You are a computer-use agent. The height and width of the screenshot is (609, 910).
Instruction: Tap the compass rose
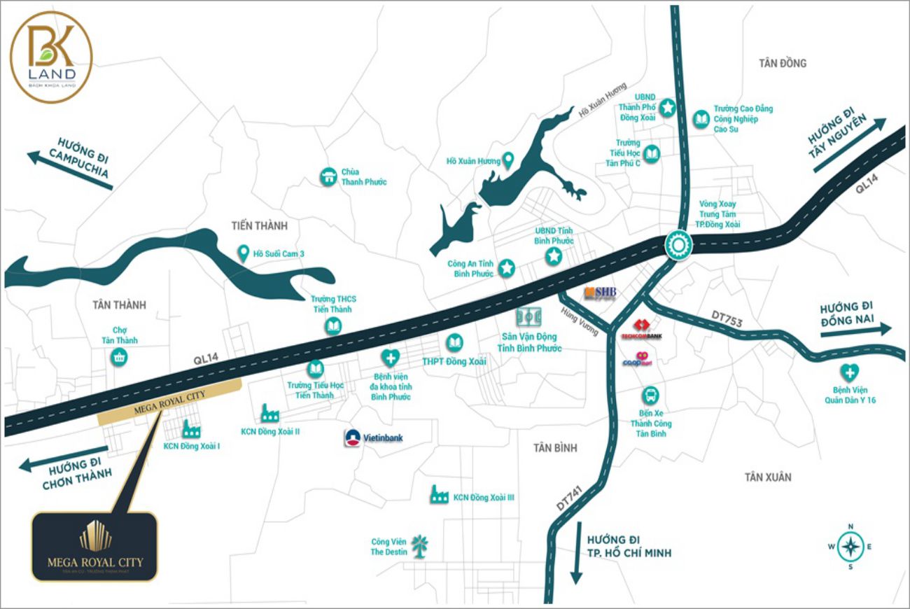click(850, 547)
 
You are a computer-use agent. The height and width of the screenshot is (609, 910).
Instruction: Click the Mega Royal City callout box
click(94, 547)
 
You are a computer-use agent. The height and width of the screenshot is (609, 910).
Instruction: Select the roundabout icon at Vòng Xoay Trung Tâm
click(678, 246)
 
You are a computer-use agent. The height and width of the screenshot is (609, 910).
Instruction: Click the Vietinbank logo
click(353, 438)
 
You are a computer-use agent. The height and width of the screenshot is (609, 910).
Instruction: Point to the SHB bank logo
click(601, 293)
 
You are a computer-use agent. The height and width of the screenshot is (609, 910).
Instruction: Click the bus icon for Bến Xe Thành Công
click(650, 395)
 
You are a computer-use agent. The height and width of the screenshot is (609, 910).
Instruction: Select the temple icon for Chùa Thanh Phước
click(328, 177)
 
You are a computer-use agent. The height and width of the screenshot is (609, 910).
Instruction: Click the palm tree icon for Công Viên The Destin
click(419, 546)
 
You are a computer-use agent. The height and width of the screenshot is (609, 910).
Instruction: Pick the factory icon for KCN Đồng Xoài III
click(440, 494)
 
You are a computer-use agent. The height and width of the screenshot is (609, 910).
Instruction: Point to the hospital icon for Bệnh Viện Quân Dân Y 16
click(851, 372)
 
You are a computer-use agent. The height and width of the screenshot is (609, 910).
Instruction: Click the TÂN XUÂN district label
click(768, 477)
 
